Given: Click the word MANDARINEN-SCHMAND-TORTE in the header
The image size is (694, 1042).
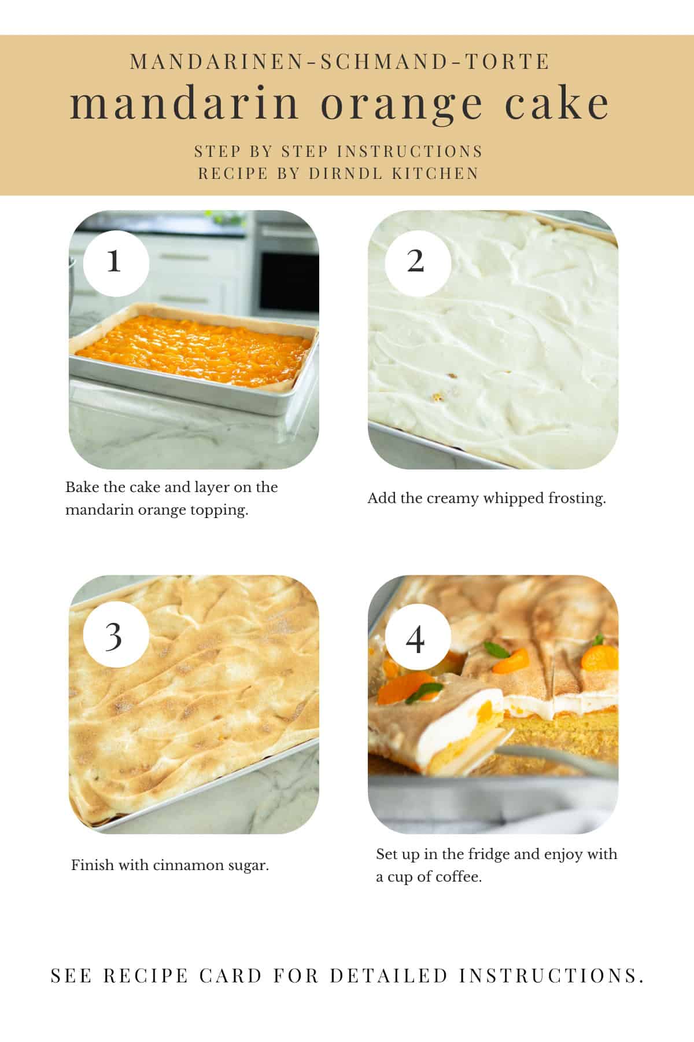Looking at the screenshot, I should click(x=339, y=61).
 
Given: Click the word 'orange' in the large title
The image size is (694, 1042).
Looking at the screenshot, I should click(x=401, y=104).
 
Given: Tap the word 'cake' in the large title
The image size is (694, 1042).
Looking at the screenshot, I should click(x=557, y=104).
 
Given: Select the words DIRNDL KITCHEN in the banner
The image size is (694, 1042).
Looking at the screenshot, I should click(x=394, y=173).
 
